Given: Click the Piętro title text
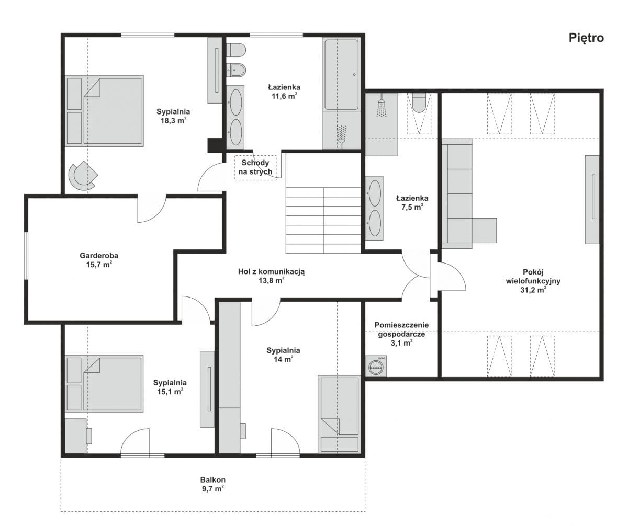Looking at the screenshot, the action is (x=586, y=38).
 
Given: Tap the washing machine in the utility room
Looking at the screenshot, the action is (x=376, y=366).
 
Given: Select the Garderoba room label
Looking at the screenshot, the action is (x=99, y=256).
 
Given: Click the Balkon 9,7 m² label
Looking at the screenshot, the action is (x=213, y=484).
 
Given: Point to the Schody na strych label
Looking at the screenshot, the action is (x=255, y=167).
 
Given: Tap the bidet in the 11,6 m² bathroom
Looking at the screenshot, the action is (x=236, y=70).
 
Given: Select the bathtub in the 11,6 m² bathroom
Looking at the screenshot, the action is (x=341, y=75).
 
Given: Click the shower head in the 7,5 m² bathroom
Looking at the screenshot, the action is (x=382, y=106).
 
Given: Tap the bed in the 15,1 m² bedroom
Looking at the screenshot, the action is (x=104, y=384).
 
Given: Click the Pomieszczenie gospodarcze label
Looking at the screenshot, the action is (x=401, y=329).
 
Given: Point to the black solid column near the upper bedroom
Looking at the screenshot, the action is (x=215, y=145).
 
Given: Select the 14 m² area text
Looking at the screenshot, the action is (x=283, y=359).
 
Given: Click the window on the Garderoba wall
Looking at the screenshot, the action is (x=26, y=256).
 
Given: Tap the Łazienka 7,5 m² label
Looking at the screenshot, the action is (x=412, y=202).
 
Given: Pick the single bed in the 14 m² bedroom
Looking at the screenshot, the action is (x=339, y=414).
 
